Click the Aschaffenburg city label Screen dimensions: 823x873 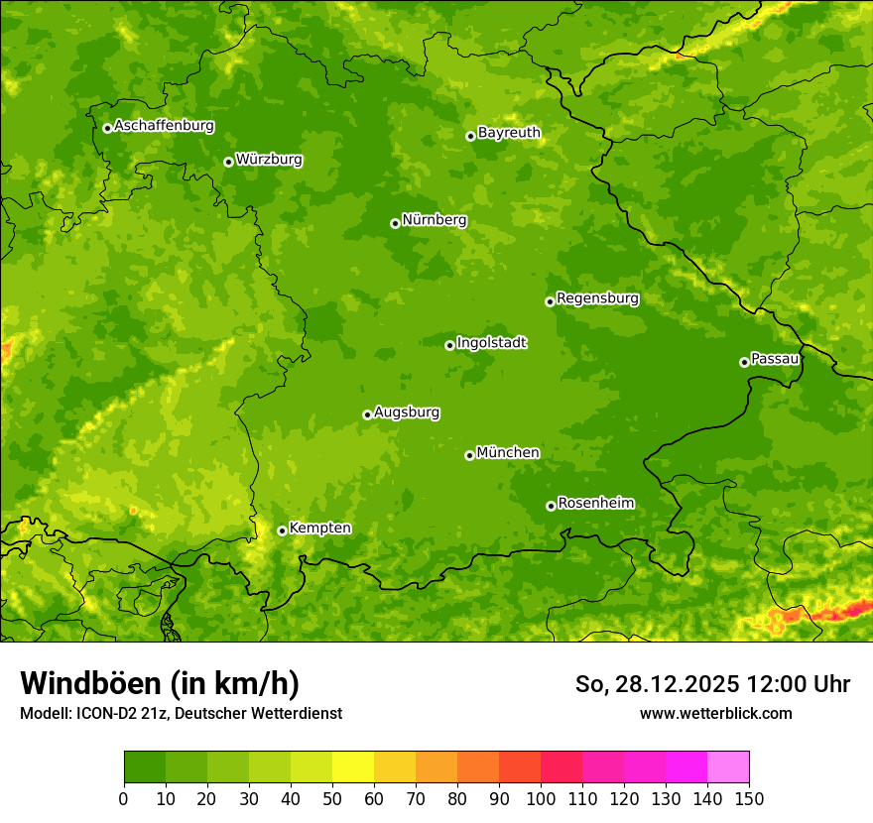164,126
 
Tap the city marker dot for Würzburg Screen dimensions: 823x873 228,162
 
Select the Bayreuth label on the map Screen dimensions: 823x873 509,132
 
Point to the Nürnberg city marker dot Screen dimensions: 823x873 395,223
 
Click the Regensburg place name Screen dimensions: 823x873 597,297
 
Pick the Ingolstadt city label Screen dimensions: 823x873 491,342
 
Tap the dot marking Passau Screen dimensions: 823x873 744,362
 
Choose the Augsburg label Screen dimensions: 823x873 407,411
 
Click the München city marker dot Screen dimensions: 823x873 469,455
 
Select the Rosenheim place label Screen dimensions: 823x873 595,503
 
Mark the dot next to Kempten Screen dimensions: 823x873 282,530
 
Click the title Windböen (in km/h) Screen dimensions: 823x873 160,683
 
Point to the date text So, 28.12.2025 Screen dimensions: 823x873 657,684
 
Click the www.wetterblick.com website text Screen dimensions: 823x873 715,713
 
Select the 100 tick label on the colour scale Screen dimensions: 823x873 541,798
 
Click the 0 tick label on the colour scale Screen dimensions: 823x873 124,798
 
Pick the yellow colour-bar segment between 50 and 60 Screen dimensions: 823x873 353,767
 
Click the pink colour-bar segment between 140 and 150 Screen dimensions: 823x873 728,767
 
